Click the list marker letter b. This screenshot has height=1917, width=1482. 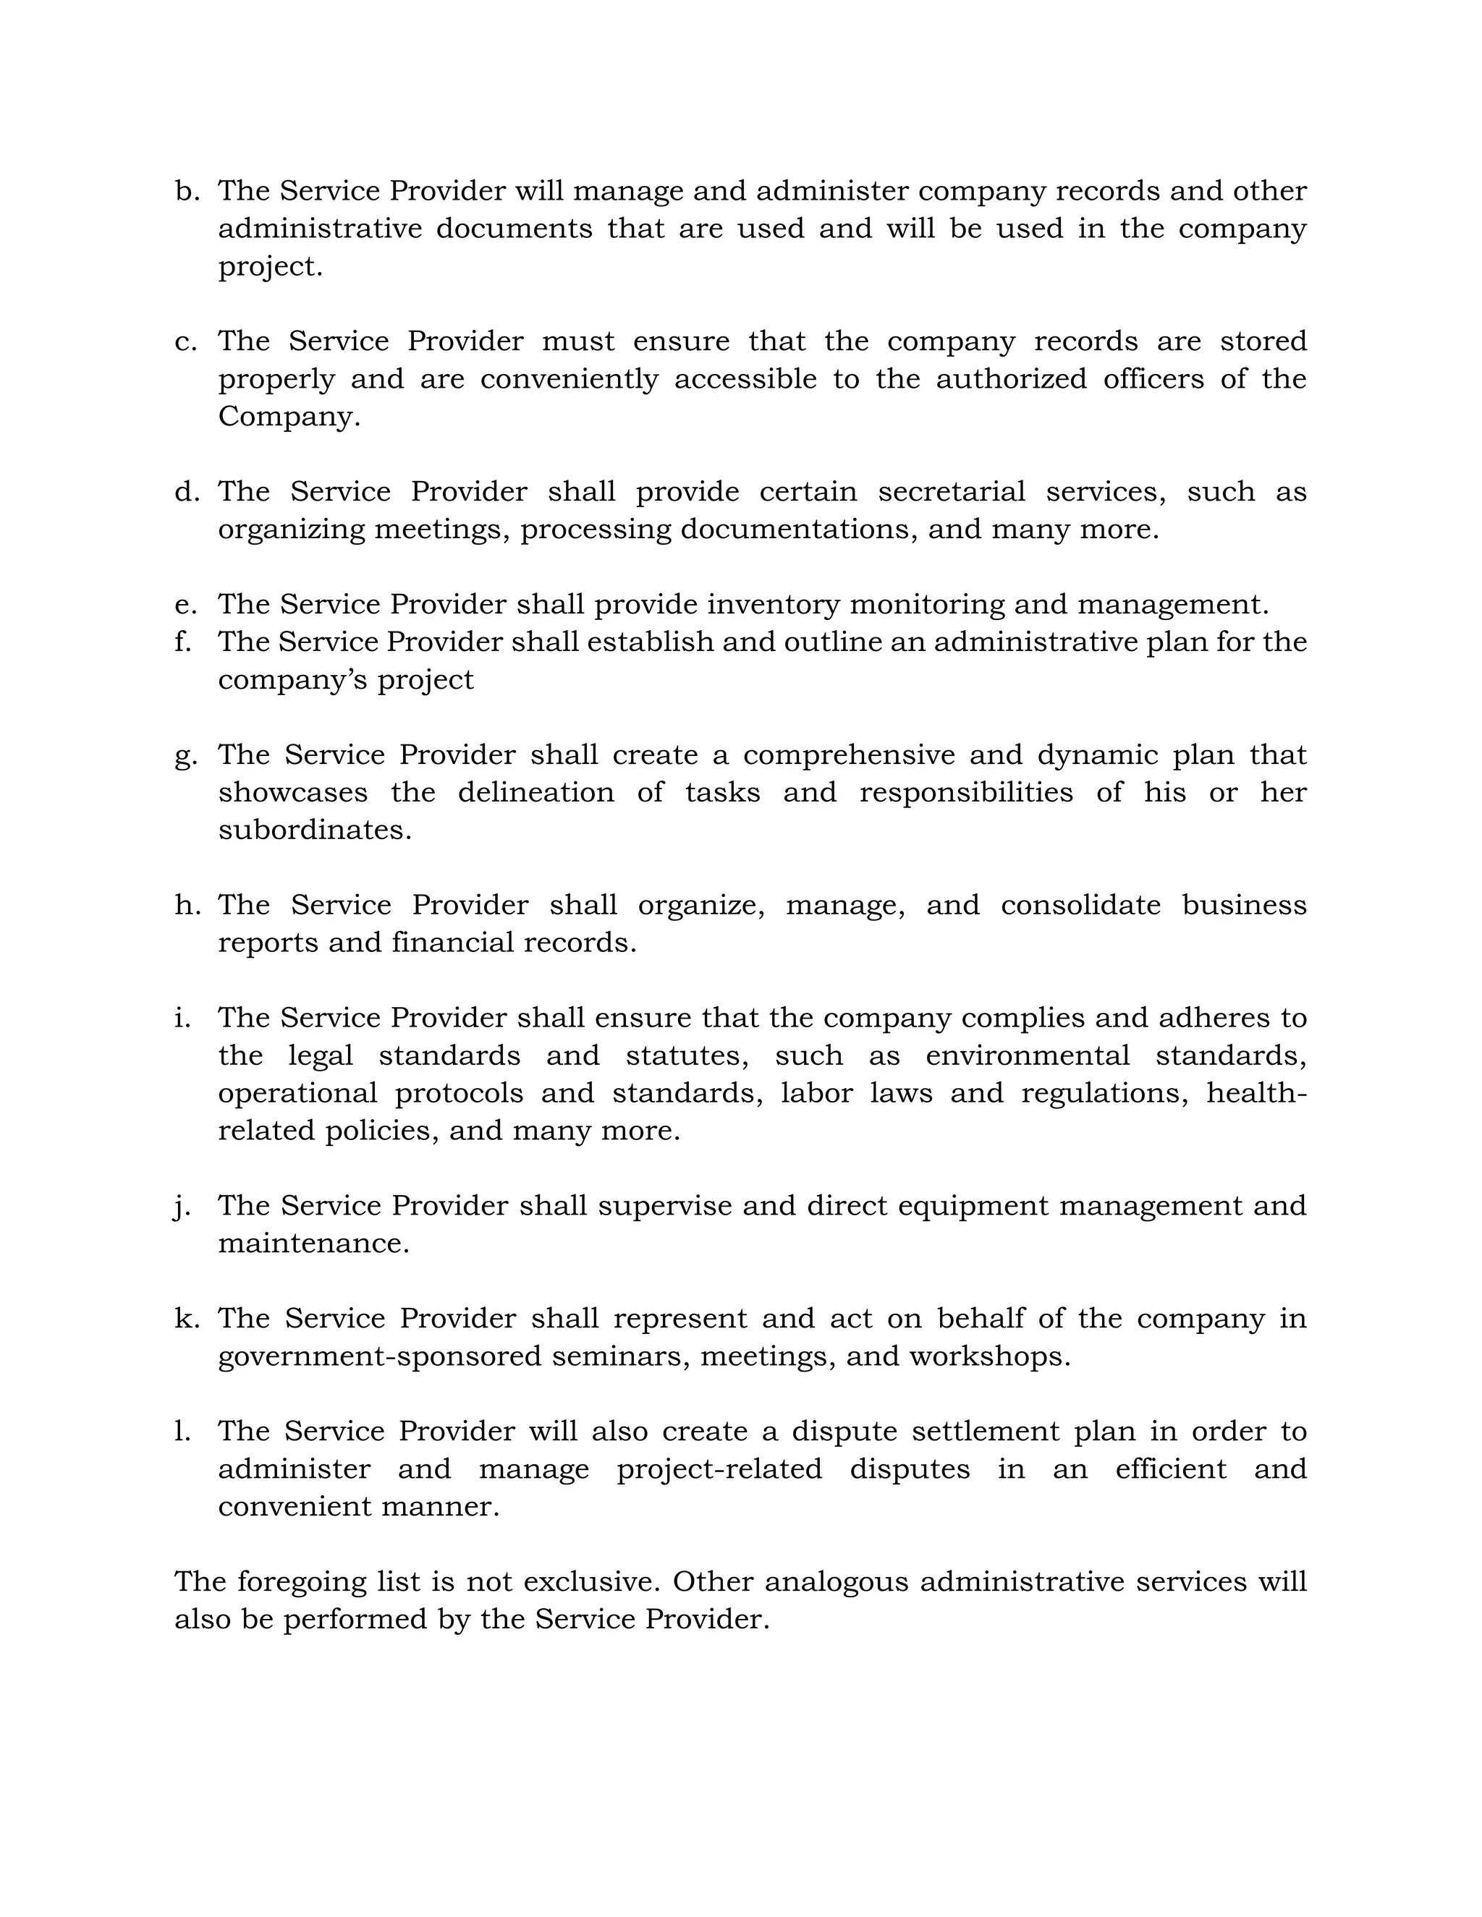[x=185, y=192]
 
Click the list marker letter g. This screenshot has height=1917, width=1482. [x=185, y=757]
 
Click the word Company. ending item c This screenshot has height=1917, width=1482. [x=289, y=416]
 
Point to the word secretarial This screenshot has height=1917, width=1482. [x=951, y=491]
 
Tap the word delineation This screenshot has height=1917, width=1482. [x=535, y=793]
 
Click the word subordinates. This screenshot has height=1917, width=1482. [x=314, y=830]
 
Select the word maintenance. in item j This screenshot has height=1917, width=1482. [x=313, y=1244]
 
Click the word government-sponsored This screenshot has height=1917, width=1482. [x=379, y=1357]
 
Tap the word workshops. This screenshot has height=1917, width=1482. [x=989, y=1357]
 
